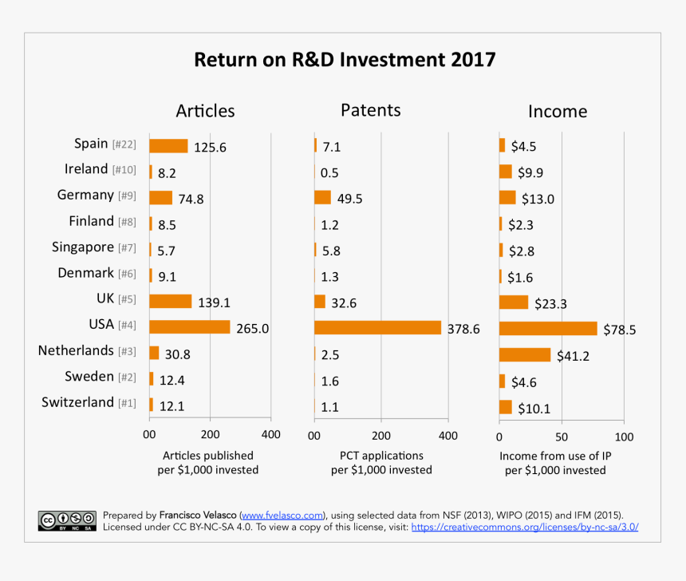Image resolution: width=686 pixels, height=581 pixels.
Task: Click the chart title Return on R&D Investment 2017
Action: coord(345,61)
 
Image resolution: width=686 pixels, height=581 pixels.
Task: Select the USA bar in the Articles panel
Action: coord(190,327)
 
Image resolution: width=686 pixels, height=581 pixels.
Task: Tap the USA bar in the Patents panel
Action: coord(377,327)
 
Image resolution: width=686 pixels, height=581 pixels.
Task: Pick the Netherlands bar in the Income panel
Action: coord(525,354)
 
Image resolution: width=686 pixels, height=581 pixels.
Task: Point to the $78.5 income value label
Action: coord(619,330)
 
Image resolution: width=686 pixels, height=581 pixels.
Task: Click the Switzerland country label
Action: coord(77,402)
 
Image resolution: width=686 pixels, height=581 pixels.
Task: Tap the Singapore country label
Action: coord(83,247)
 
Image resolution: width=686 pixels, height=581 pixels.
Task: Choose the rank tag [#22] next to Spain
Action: coord(124,145)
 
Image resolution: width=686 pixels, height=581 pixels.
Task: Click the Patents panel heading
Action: coord(370,110)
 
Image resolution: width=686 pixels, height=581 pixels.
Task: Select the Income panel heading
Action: coord(558,112)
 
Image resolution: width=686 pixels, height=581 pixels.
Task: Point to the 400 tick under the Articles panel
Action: coord(270,435)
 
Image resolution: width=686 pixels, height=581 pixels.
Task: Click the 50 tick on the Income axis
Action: coord(562,437)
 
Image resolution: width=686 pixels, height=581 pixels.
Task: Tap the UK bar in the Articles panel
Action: coord(171,302)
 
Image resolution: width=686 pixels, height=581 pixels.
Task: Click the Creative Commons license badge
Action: coord(67,520)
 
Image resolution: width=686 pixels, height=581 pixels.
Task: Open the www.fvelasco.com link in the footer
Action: coord(282,516)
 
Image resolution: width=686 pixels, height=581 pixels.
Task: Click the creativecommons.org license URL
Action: coord(524,528)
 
